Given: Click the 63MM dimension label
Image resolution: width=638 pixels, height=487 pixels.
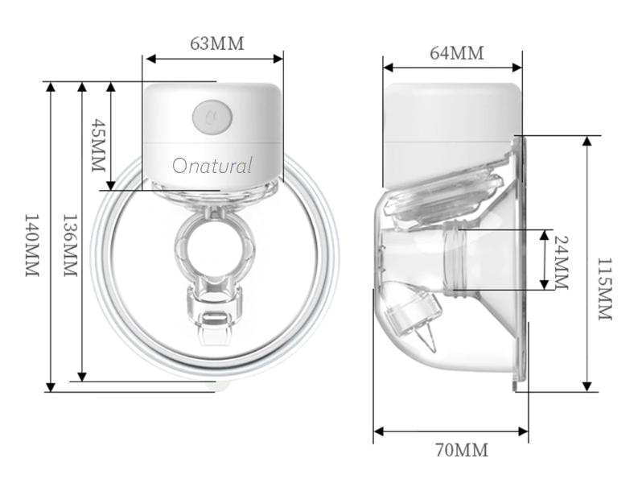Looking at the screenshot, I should [x=216, y=43].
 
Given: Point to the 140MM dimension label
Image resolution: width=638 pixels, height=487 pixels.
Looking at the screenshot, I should [x=31, y=246].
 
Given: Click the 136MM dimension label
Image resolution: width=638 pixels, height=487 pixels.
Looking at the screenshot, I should [x=69, y=246].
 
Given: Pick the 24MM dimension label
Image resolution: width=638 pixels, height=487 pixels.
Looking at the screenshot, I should [x=562, y=260].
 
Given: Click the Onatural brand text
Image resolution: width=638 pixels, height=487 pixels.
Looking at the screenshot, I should [x=212, y=167].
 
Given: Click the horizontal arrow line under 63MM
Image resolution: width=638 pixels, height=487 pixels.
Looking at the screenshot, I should [x=213, y=58].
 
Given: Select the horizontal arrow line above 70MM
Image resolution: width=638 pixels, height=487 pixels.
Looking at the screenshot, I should [x=451, y=431].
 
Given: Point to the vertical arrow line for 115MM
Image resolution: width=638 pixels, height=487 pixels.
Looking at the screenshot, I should [x=587, y=262].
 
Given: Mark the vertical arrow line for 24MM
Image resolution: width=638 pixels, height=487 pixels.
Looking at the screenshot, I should [x=545, y=259].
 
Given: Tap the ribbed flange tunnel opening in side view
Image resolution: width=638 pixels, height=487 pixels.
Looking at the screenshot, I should [x=456, y=258].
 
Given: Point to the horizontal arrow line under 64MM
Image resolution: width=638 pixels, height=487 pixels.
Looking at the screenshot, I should [x=451, y=68].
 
